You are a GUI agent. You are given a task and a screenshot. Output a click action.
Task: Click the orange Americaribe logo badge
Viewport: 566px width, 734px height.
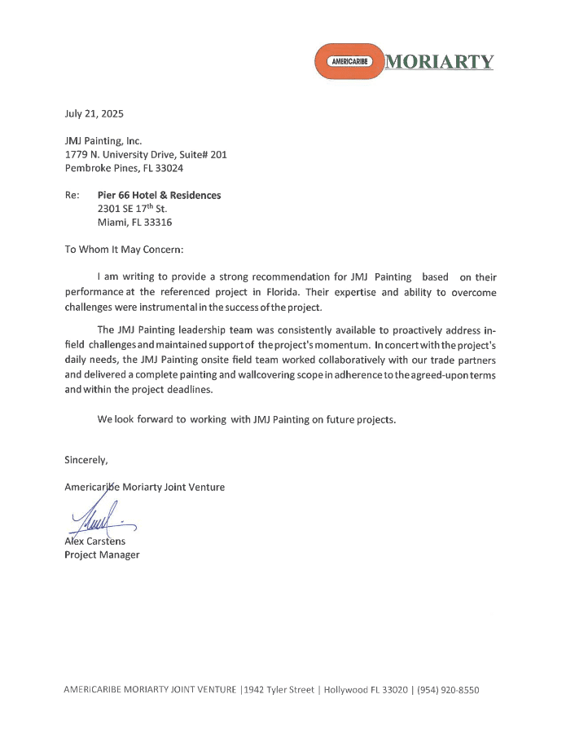(x=349, y=61)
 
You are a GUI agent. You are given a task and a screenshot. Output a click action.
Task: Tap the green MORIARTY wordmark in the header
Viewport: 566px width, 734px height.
(x=439, y=62)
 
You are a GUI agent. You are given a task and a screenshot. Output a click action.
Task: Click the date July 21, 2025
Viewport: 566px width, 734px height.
(x=94, y=113)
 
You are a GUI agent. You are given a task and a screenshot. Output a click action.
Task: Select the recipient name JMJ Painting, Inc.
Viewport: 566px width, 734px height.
(x=103, y=141)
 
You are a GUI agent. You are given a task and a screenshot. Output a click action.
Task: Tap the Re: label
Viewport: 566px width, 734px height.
(x=72, y=196)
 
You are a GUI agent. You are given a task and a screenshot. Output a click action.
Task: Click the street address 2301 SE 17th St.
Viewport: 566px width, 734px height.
(x=132, y=209)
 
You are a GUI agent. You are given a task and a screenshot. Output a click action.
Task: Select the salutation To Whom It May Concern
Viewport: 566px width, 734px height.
(x=125, y=249)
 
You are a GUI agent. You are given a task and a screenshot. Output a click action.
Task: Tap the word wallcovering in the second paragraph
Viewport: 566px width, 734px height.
(x=294, y=376)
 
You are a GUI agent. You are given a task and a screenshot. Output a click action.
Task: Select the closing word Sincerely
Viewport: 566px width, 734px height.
(x=86, y=460)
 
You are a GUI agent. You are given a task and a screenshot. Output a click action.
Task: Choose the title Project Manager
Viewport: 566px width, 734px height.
(x=102, y=555)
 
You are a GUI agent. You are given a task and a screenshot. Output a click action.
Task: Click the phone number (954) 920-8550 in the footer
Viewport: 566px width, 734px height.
(x=449, y=690)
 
